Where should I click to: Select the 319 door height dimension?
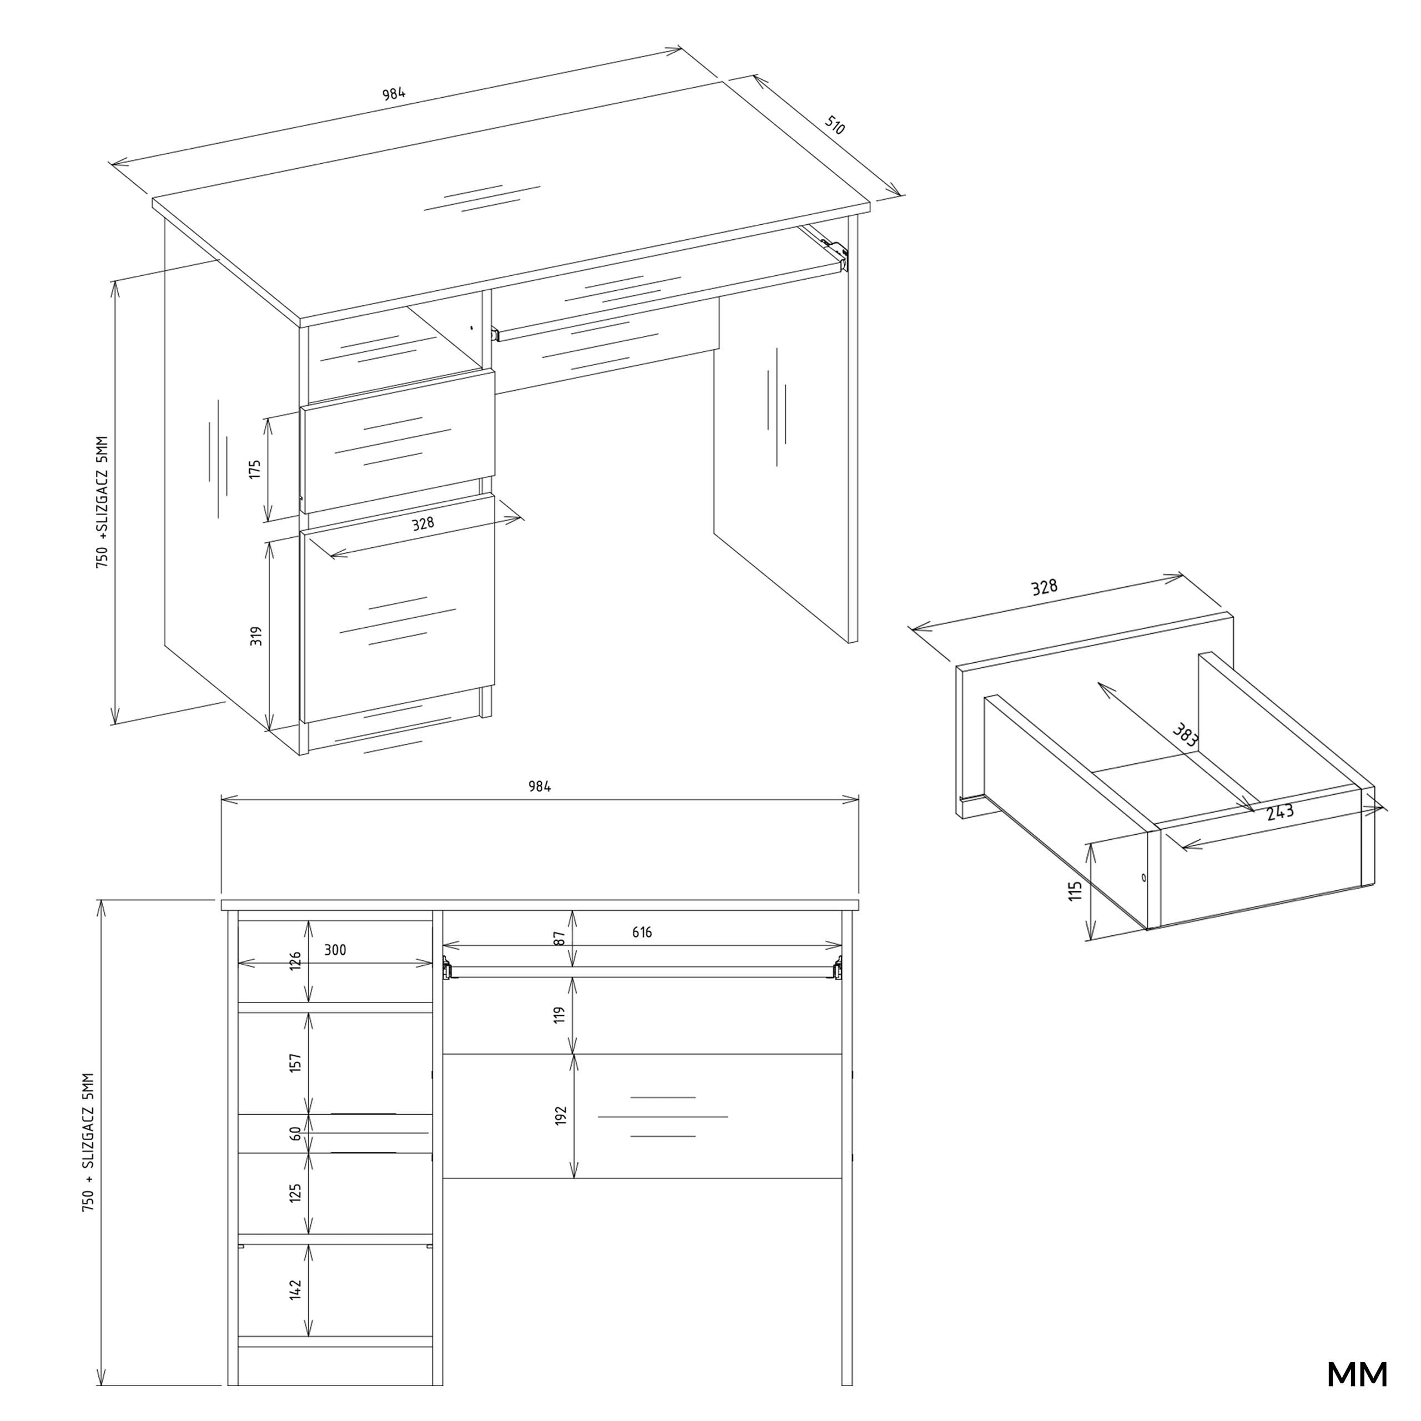point(256,636)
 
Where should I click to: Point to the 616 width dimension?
point(642,932)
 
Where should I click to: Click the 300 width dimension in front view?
point(335,950)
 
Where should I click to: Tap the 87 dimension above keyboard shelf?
point(560,939)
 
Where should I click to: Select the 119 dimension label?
point(560,1015)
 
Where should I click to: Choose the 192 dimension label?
point(561,1116)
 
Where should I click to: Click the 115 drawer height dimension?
point(1075,891)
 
